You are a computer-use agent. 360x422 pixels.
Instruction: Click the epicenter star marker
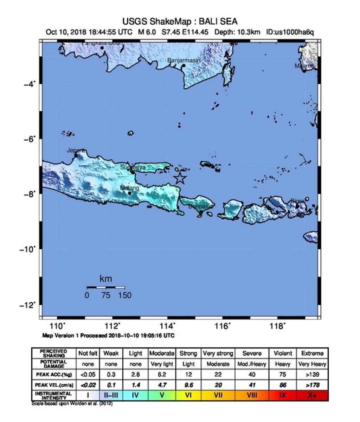pyautogui.click(x=180, y=178)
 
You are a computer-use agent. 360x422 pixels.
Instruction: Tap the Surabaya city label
pyautogui.click(x=133, y=168)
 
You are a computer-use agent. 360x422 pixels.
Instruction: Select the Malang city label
pyautogui.click(x=130, y=188)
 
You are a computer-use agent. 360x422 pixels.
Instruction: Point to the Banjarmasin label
pyautogui.click(x=184, y=60)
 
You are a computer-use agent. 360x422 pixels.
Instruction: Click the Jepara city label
pyautogui.click(x=76, y=151)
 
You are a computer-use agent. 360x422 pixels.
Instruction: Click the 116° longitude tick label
pyautogui.click(x=223, y=326)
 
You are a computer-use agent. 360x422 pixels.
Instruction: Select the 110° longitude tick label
pyautogui.click(x=59, y=326)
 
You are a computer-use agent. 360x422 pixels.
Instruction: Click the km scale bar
pyautogui.click(x=106, y=288)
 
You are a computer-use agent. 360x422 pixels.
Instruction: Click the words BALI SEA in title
pyautogui.click(x=217, y=22)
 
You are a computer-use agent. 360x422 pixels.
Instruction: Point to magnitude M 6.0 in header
pyautogui.click(x=147, y=32)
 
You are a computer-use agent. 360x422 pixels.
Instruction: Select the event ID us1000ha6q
pyautogui.click(x=290, y=32)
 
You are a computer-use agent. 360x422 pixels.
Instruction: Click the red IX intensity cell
pyautogui.click(x=282, y=396)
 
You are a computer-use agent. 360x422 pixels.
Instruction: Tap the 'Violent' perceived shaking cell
pyautogui.click(x=282, y=353)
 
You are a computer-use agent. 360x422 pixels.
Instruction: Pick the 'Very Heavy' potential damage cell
pyautogui.click(x=312, y=364)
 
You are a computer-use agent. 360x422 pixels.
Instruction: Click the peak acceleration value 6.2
pyautogui.click(x=162, y=375)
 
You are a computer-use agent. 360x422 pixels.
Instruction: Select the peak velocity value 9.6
pyautogui.click(x=188, y=385)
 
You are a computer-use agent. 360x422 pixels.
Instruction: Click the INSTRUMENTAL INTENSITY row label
pyautogui.click(x=54, y=396)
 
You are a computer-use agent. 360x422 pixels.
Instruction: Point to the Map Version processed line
pyautogui.click(x=108, y=335)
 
